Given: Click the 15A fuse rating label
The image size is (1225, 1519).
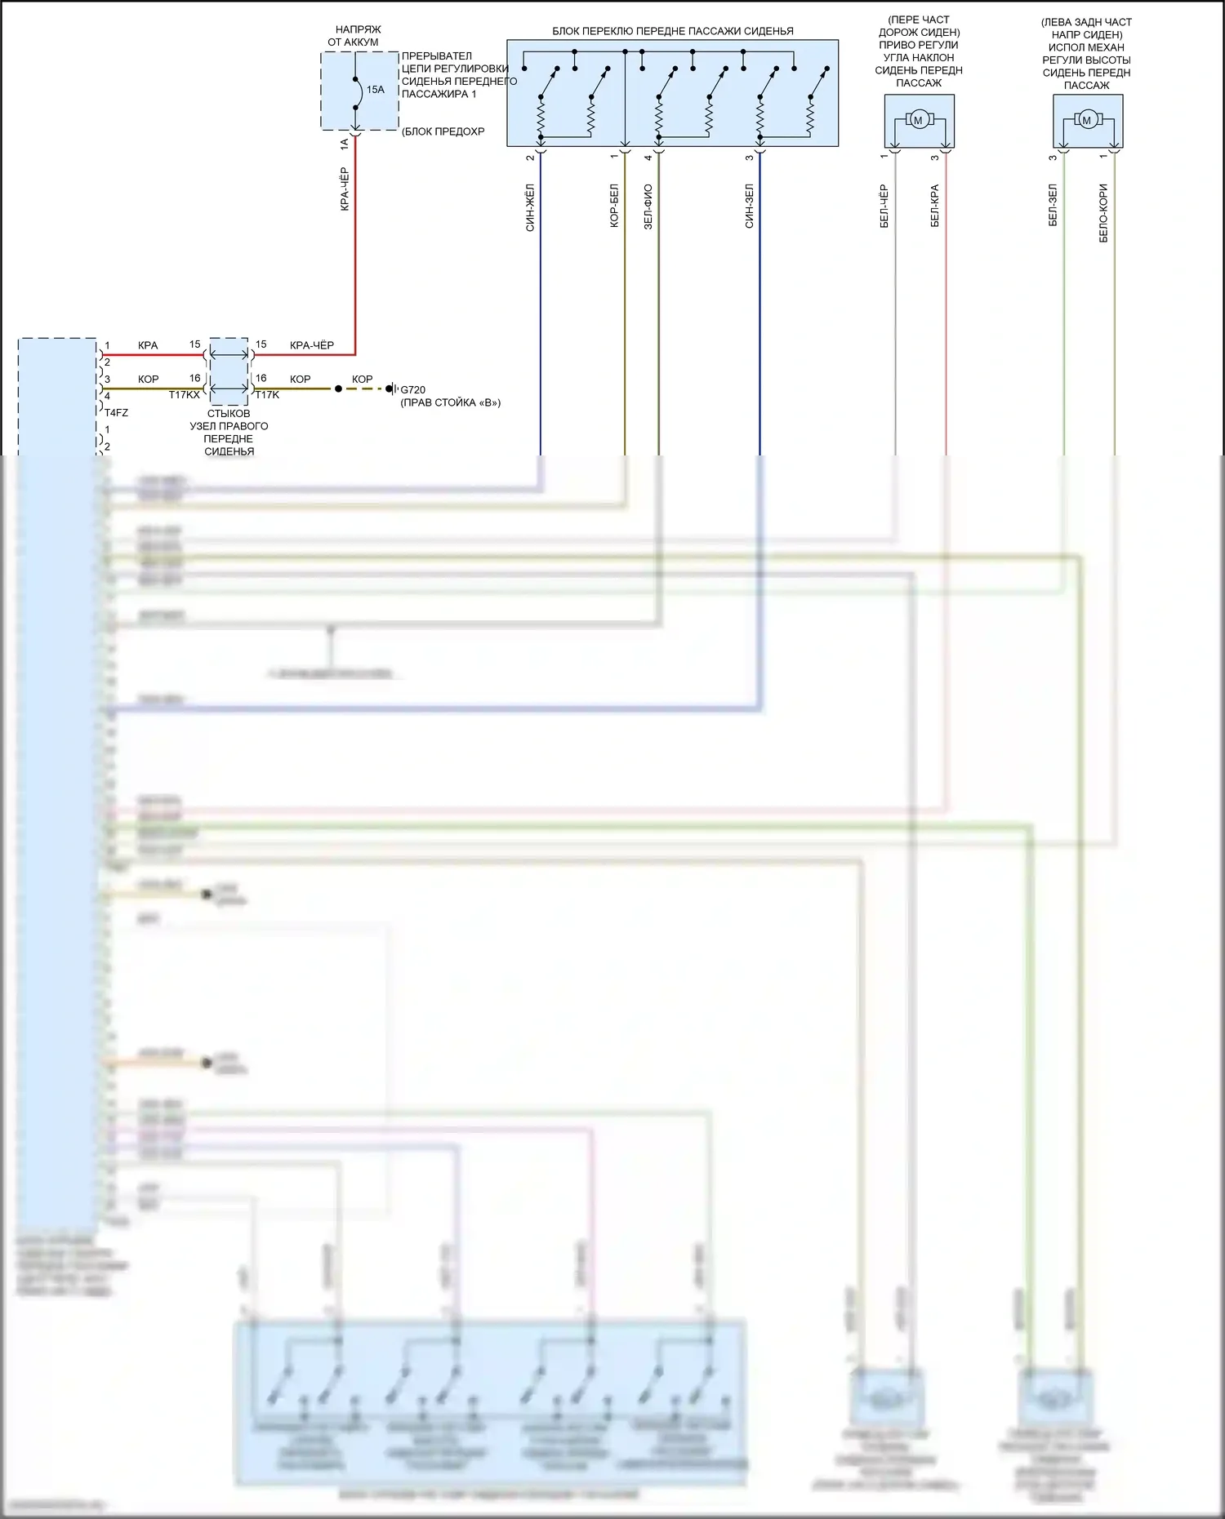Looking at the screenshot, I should [x=375, y=90].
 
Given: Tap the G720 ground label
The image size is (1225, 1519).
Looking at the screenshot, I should [x=412, y=390].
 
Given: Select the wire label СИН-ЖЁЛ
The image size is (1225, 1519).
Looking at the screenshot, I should [x=530, y=208].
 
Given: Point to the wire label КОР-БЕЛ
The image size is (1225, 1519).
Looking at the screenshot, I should [x=614, y=206].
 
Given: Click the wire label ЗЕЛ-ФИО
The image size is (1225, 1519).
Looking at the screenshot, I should [x=648, y=207].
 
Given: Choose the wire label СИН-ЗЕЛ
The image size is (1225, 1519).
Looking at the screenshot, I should [x=749, y=206].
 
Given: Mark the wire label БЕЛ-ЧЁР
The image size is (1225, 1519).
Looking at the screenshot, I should [x=884, y=206].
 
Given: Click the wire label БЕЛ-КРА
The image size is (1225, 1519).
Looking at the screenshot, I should [x=935, y=206].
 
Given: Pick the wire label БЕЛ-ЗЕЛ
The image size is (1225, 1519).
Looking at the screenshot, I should [x=1053, y=205].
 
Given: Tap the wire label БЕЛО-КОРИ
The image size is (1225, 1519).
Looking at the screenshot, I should [x=1103, y=213].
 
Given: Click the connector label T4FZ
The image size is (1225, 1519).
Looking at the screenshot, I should [x=116, y=413].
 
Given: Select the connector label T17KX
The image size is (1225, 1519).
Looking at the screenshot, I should [x=184, y=395].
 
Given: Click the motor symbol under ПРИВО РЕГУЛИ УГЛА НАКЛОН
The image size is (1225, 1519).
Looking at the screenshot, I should [x=918, y=121].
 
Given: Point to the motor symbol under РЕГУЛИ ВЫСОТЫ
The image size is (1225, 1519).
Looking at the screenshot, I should [x=1086, y=121].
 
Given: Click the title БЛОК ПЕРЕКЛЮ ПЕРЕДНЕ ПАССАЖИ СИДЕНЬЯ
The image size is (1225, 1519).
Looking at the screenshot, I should [x=673, y=31].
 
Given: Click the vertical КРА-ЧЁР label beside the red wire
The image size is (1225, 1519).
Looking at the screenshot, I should [x=345, y=189].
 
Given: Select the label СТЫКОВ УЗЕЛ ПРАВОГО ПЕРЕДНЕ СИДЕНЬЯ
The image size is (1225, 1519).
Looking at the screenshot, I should [x=229, y=433].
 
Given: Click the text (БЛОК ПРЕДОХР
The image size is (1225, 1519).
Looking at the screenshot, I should [x=443, y=131].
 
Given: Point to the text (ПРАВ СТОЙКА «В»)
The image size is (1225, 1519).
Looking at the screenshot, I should [x=450, y=403].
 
